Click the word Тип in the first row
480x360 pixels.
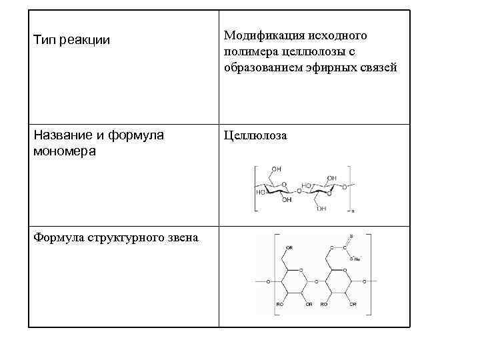44,41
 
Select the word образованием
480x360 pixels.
259,67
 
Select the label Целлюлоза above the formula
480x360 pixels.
255,136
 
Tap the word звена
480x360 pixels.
183,238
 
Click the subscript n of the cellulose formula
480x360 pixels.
353,211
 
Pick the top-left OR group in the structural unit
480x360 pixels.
289,247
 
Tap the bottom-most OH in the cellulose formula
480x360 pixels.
322,208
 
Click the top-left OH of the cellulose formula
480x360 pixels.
276,169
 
